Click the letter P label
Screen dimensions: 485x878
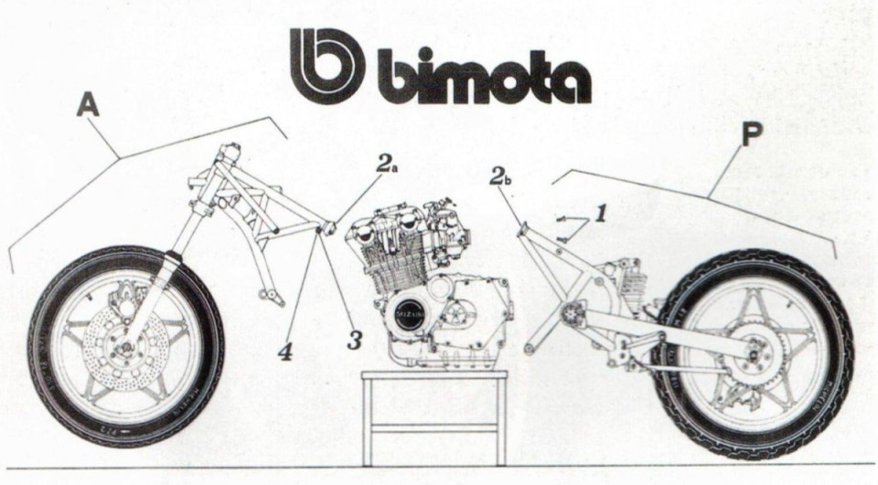(x=752, y=135)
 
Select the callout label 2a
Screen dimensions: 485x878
(x=389, y=165)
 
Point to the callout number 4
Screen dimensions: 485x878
(x=286, y=350)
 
